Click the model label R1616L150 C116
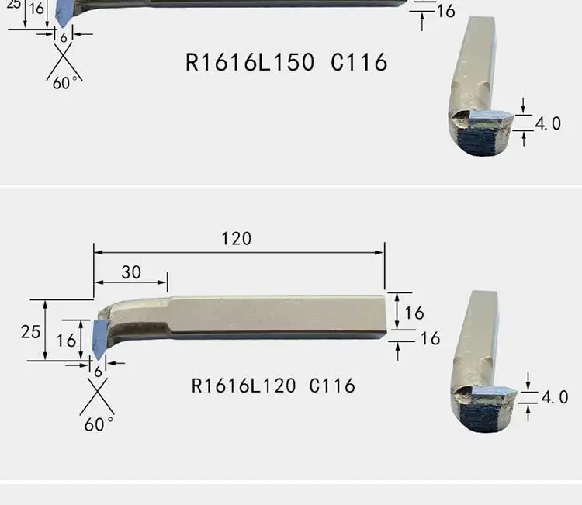click(x=286, y=62)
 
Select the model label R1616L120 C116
click(x=273, y=386)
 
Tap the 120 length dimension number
click(x=237, y=239)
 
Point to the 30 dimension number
click(x=131, y=272)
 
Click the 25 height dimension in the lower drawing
click(x=30, y=332)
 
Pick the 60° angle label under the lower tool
click(x=99, y=424)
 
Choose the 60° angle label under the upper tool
click(x=65, y=83)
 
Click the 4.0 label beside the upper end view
click(x=548, y=123)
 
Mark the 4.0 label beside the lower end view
click(x=555, y=397)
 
